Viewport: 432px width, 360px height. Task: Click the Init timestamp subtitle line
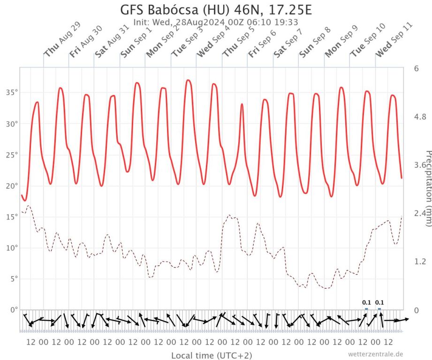(x=216, y=22)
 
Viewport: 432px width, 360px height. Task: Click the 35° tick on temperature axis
(x=11, y=92)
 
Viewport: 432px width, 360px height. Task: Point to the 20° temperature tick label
(x=11, y=186)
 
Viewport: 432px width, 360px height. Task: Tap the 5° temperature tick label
(x=13, y=279)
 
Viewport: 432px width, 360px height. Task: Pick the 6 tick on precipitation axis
(x=416, y=68)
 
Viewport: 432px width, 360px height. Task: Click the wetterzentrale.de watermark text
(x=376, y=354)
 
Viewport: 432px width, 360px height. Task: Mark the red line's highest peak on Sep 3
(x=189, y=80)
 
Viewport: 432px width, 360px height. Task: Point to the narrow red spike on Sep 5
(x=242, y=105)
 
